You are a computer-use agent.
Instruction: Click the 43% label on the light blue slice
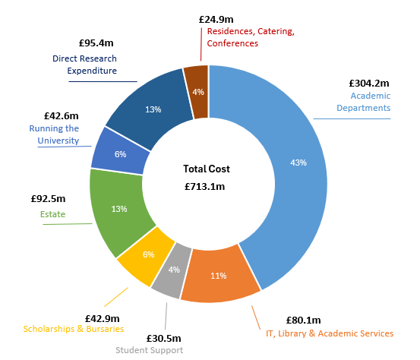coord(298,162)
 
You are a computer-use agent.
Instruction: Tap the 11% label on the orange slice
coord(219,276)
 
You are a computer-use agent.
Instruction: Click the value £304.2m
coord(369,83)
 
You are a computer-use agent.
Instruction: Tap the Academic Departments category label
coord(371,102)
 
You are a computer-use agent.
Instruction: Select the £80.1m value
coord(303,320)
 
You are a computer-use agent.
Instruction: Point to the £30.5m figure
coord(149,336)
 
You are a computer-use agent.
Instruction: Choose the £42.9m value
coord(102,317)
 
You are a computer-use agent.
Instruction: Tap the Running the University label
coord(54,134)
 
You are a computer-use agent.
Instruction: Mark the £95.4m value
coord(96,44)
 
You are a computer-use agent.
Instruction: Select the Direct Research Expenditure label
coord(85,65)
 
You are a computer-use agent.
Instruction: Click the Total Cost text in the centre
coord(207,169)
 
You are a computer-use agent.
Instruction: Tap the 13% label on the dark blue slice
coord(153,109)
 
